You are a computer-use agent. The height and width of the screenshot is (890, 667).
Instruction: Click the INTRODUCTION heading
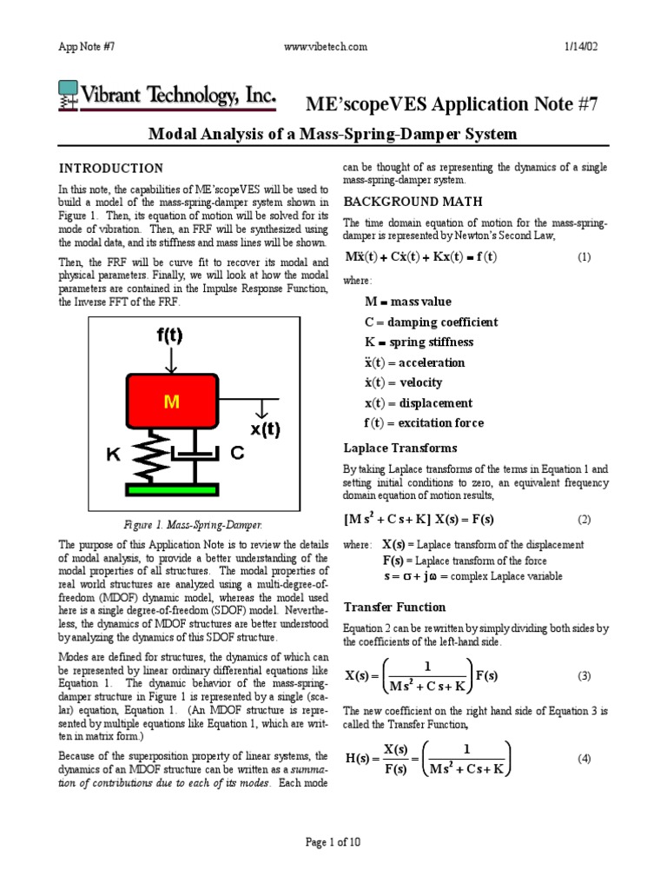[x=110, y=169]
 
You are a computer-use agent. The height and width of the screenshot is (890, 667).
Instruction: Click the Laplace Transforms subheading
[x=400, y=448]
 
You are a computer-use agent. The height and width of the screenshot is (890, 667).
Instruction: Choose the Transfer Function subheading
[x=395, y=607]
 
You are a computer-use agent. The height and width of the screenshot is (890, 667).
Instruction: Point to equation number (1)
[x=584, y=258]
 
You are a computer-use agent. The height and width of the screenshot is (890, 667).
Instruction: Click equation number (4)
[x=584, y=758]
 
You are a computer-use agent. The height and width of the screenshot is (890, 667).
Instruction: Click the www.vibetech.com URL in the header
[x=326, y=46]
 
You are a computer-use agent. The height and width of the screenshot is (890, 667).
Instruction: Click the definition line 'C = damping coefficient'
[x=431, y=322]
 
